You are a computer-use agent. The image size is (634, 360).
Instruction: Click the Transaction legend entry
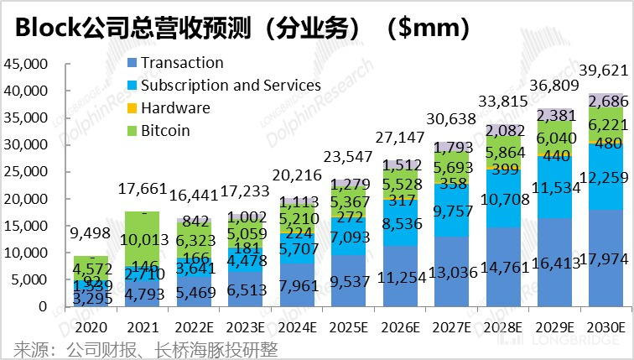(181, 63)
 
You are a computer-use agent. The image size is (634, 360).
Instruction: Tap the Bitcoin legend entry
(164, 130)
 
